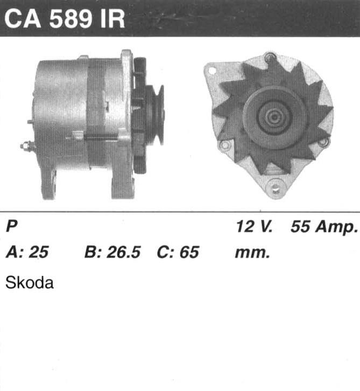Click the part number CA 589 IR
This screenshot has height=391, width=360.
[65, 19]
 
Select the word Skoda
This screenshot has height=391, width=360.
[30, 283]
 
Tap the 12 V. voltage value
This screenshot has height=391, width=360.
[254, 226]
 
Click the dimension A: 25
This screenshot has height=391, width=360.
[27, 252]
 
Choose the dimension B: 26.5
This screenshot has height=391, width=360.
[112, 252]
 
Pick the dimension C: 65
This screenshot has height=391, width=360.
[178, 252]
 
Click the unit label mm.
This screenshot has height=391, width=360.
[252, 253]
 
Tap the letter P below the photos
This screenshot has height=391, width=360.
[11, 226]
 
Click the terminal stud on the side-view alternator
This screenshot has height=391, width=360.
[27, 145]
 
